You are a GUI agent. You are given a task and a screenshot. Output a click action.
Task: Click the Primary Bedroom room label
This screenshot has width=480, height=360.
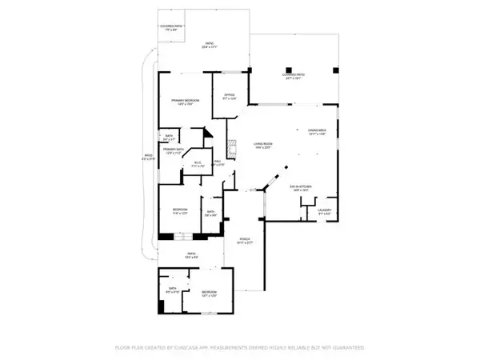185,102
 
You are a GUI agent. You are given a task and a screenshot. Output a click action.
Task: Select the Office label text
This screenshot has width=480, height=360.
229,96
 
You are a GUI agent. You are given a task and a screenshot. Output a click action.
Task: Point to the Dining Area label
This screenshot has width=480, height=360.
316,131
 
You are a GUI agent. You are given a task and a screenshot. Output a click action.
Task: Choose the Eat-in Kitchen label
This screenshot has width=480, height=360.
301,188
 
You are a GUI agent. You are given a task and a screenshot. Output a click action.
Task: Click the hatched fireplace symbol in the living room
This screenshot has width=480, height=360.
233,149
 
